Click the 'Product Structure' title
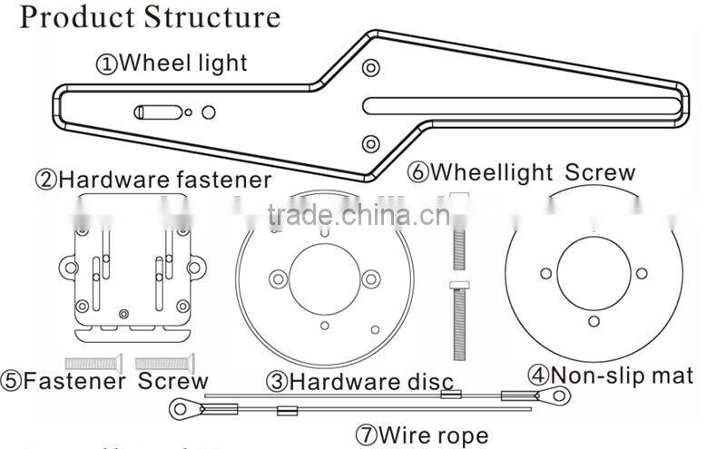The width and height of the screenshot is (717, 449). point(150,17)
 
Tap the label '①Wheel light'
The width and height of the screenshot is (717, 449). point(172,63)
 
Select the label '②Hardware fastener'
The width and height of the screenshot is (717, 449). point(152,180)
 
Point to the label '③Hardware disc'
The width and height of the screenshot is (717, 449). point(359,382)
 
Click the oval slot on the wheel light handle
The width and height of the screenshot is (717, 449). point(158,112)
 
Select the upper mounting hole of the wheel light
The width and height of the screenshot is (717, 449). point(369,68)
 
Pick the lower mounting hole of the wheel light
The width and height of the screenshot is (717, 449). point(369,143)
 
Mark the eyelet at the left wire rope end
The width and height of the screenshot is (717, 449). point(184,411)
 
